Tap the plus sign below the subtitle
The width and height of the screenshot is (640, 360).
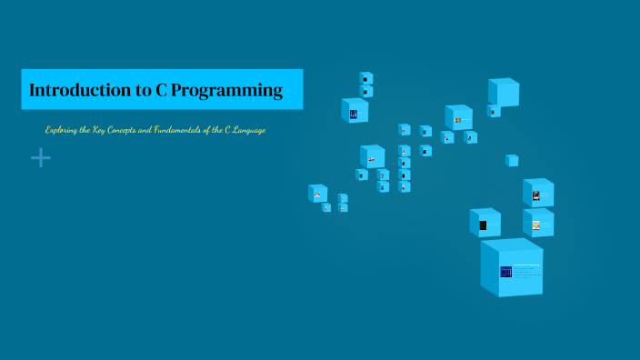pos(41,158)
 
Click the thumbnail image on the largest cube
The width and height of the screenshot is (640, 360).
pos(505,272)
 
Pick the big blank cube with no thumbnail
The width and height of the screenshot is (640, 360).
pos(503,92)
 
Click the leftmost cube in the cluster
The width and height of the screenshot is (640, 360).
pos(317,194)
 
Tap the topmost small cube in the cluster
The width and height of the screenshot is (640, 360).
pos(366,78)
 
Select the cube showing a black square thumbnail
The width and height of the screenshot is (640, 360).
pos(484,224)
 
